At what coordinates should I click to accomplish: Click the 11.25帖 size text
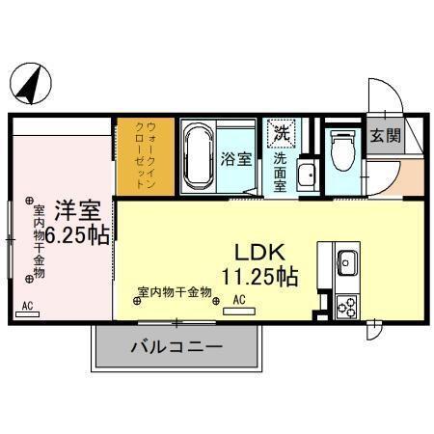tap(258, 276)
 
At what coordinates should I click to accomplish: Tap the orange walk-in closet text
tap(144, 154)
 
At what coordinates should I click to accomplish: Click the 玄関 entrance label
tap(388, 136)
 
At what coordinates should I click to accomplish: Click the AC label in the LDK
tap(239, 300)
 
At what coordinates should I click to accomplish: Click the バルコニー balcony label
tap(176, 347)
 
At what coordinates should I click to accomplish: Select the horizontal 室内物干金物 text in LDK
tap(175, 290)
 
